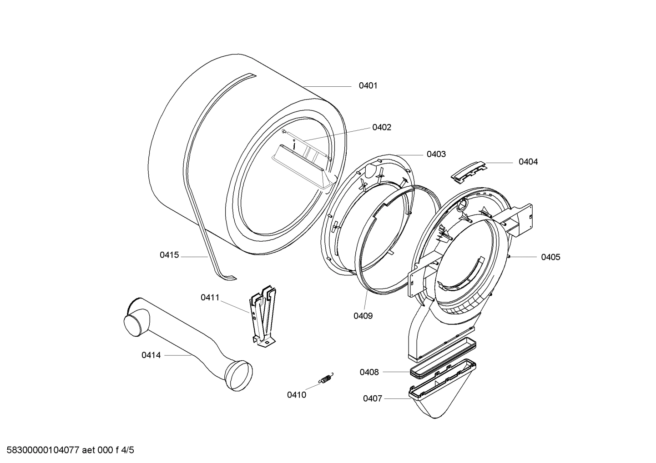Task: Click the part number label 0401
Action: point(368,85)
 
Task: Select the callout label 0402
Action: point(382,127)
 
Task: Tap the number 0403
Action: point(436,154)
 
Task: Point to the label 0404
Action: point(528,162)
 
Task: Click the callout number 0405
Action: point(550,257)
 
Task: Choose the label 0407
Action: point(373,398)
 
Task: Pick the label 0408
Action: point(369,372)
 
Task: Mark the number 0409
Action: point(363,316)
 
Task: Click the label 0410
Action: point(297,395)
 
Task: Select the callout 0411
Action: point(210,298)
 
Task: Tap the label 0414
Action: point(151,355)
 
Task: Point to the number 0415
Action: point(169,255)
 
